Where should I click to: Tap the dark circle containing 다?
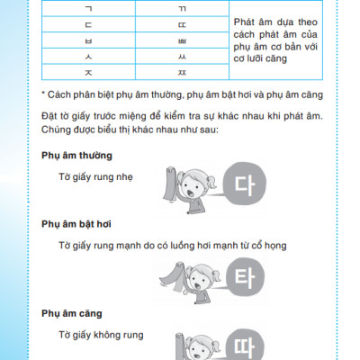[x=240, y=186]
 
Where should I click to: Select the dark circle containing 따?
[x=240, y=346]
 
